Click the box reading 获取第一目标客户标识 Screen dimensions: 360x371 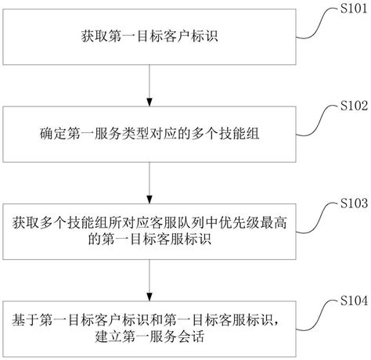149,36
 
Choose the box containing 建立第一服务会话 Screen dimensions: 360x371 149,328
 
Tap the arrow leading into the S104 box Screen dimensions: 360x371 149,278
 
